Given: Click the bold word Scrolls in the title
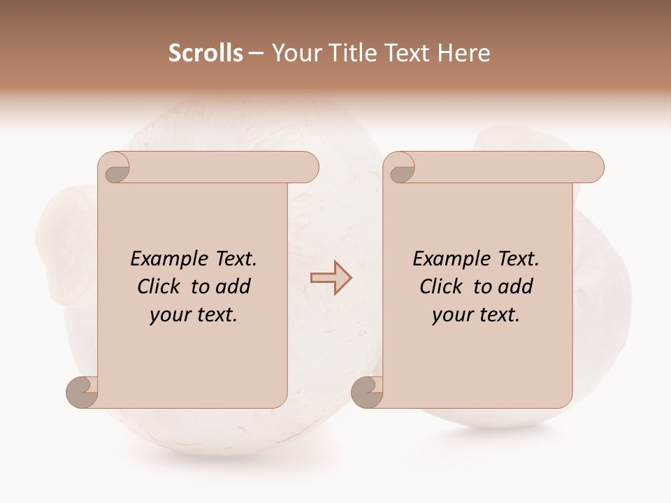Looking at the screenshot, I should coord(205,52).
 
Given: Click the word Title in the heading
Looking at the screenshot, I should coord(354,52).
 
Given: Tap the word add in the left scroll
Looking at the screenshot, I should coord(233,286).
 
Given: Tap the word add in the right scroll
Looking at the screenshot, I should coord(515,286).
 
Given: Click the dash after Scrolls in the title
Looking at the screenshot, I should coord(255,53).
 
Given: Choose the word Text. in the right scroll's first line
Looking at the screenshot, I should coord(518,259).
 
